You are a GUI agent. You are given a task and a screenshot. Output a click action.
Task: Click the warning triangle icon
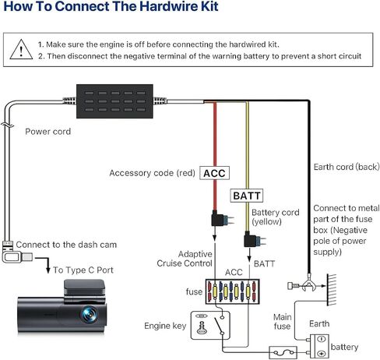tap(21, 50)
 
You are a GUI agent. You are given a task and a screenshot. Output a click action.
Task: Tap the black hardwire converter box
tap(114, 101)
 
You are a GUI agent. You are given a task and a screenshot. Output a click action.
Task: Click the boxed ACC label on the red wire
tap(214, 173)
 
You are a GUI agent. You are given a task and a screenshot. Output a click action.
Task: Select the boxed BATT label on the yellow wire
tap(247, 196)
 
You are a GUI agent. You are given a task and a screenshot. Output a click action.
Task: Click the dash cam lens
tap(90, 315)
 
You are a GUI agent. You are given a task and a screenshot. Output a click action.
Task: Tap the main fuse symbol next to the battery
tap(283, 352)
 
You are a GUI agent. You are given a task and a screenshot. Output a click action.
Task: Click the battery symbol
tap(319, 346)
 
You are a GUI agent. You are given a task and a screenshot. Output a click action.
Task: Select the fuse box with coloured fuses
tap(233, 291)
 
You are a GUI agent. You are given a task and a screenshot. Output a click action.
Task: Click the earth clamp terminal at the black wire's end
tap(308, 284)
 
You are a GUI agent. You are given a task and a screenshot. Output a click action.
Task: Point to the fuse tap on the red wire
tap(220, 219)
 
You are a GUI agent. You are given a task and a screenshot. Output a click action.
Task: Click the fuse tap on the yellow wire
tap(253, 240)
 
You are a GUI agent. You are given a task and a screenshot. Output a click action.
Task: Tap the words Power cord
tap(48, 132)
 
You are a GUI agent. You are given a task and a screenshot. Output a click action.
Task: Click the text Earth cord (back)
tap(347, 167)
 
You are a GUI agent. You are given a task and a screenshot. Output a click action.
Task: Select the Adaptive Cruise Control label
tap(185, 259)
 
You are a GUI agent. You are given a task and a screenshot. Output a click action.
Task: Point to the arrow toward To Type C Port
tap(44, 263)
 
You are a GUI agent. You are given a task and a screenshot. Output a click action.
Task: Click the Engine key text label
tap(165, 326)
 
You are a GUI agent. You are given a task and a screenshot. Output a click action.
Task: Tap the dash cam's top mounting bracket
tap(85, 288)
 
